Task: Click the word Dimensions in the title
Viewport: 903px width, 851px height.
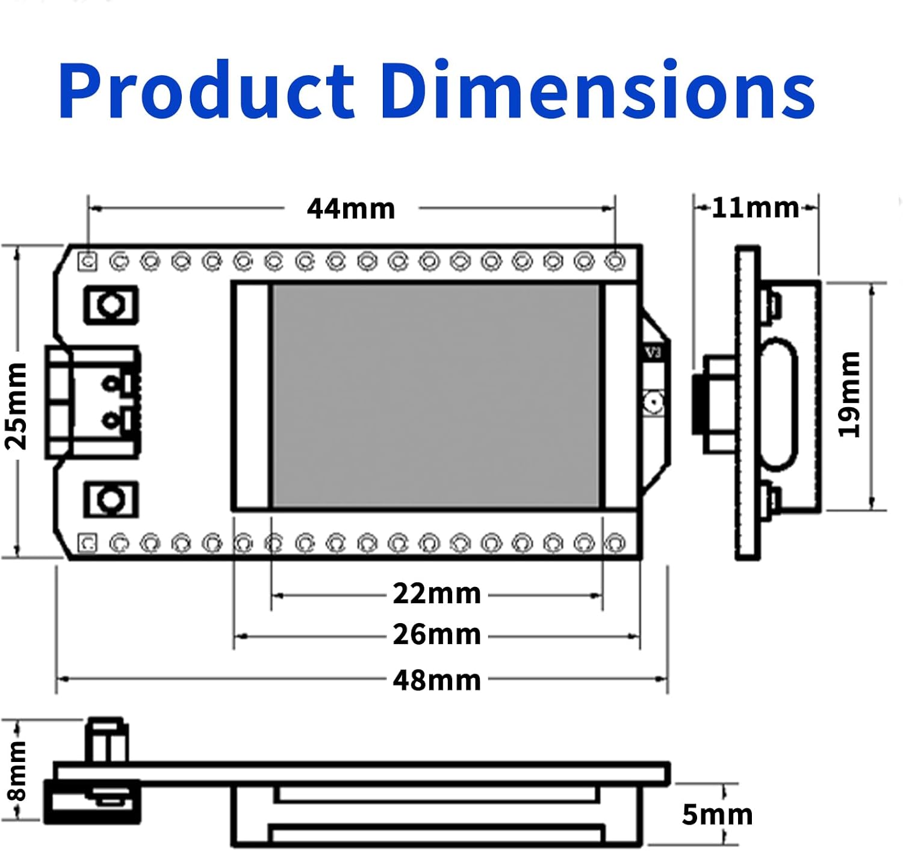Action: tap(597, 90)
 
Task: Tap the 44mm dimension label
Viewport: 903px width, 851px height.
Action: tap(351, 209)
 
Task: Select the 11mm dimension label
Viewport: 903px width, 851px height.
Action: tap(756, 207)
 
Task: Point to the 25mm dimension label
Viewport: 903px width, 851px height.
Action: tap(16, 406)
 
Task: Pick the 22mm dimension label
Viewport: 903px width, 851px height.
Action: tap(437, 594)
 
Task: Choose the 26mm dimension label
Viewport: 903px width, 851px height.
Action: tap(437, 634)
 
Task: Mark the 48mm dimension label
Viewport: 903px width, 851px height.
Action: tap(437, 680)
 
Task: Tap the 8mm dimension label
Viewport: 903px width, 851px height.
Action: tap(17, 771)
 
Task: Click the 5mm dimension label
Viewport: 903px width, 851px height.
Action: tap(717, 815)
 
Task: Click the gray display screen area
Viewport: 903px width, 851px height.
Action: tap(436, 395)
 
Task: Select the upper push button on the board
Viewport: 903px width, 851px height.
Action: tap(111, 305)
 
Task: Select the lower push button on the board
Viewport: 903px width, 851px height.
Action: tap(111, 499)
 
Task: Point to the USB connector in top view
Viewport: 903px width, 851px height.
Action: tap(93, 402)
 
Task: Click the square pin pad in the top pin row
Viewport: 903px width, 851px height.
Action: tap(88, 261)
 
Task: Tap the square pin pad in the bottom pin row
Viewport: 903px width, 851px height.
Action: tap(88, 543)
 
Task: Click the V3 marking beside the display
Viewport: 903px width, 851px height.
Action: tap(653, 352)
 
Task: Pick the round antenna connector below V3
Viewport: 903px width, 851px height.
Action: tap(653, 402)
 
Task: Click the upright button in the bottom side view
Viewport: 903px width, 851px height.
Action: tap(107, 740)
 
